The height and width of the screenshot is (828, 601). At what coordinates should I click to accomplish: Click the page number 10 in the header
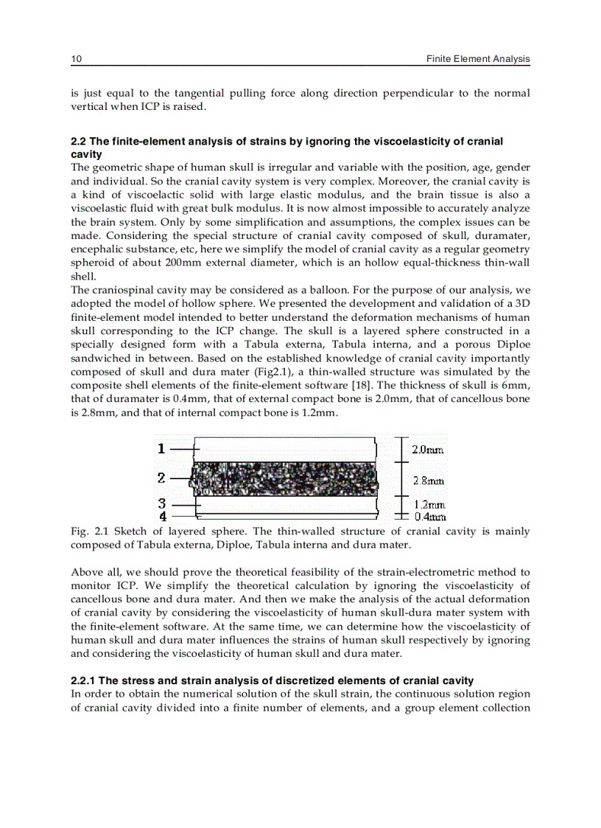coord(75,58)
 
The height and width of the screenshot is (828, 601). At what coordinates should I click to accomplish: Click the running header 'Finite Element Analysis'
coord(478,58)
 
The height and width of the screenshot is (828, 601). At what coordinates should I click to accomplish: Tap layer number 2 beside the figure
coord(161,478)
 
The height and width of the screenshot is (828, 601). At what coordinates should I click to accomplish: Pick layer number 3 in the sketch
coord(161,504)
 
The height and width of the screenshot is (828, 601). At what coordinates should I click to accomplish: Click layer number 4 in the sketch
coord(161,516)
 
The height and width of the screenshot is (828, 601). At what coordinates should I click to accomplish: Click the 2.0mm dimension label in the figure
coord(427,449)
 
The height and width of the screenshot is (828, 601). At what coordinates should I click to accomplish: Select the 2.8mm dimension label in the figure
coord(427,480)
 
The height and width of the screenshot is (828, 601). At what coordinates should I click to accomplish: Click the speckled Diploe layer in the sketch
coord(284,479)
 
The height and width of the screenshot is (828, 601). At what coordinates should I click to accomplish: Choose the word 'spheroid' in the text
coord(91,263)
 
